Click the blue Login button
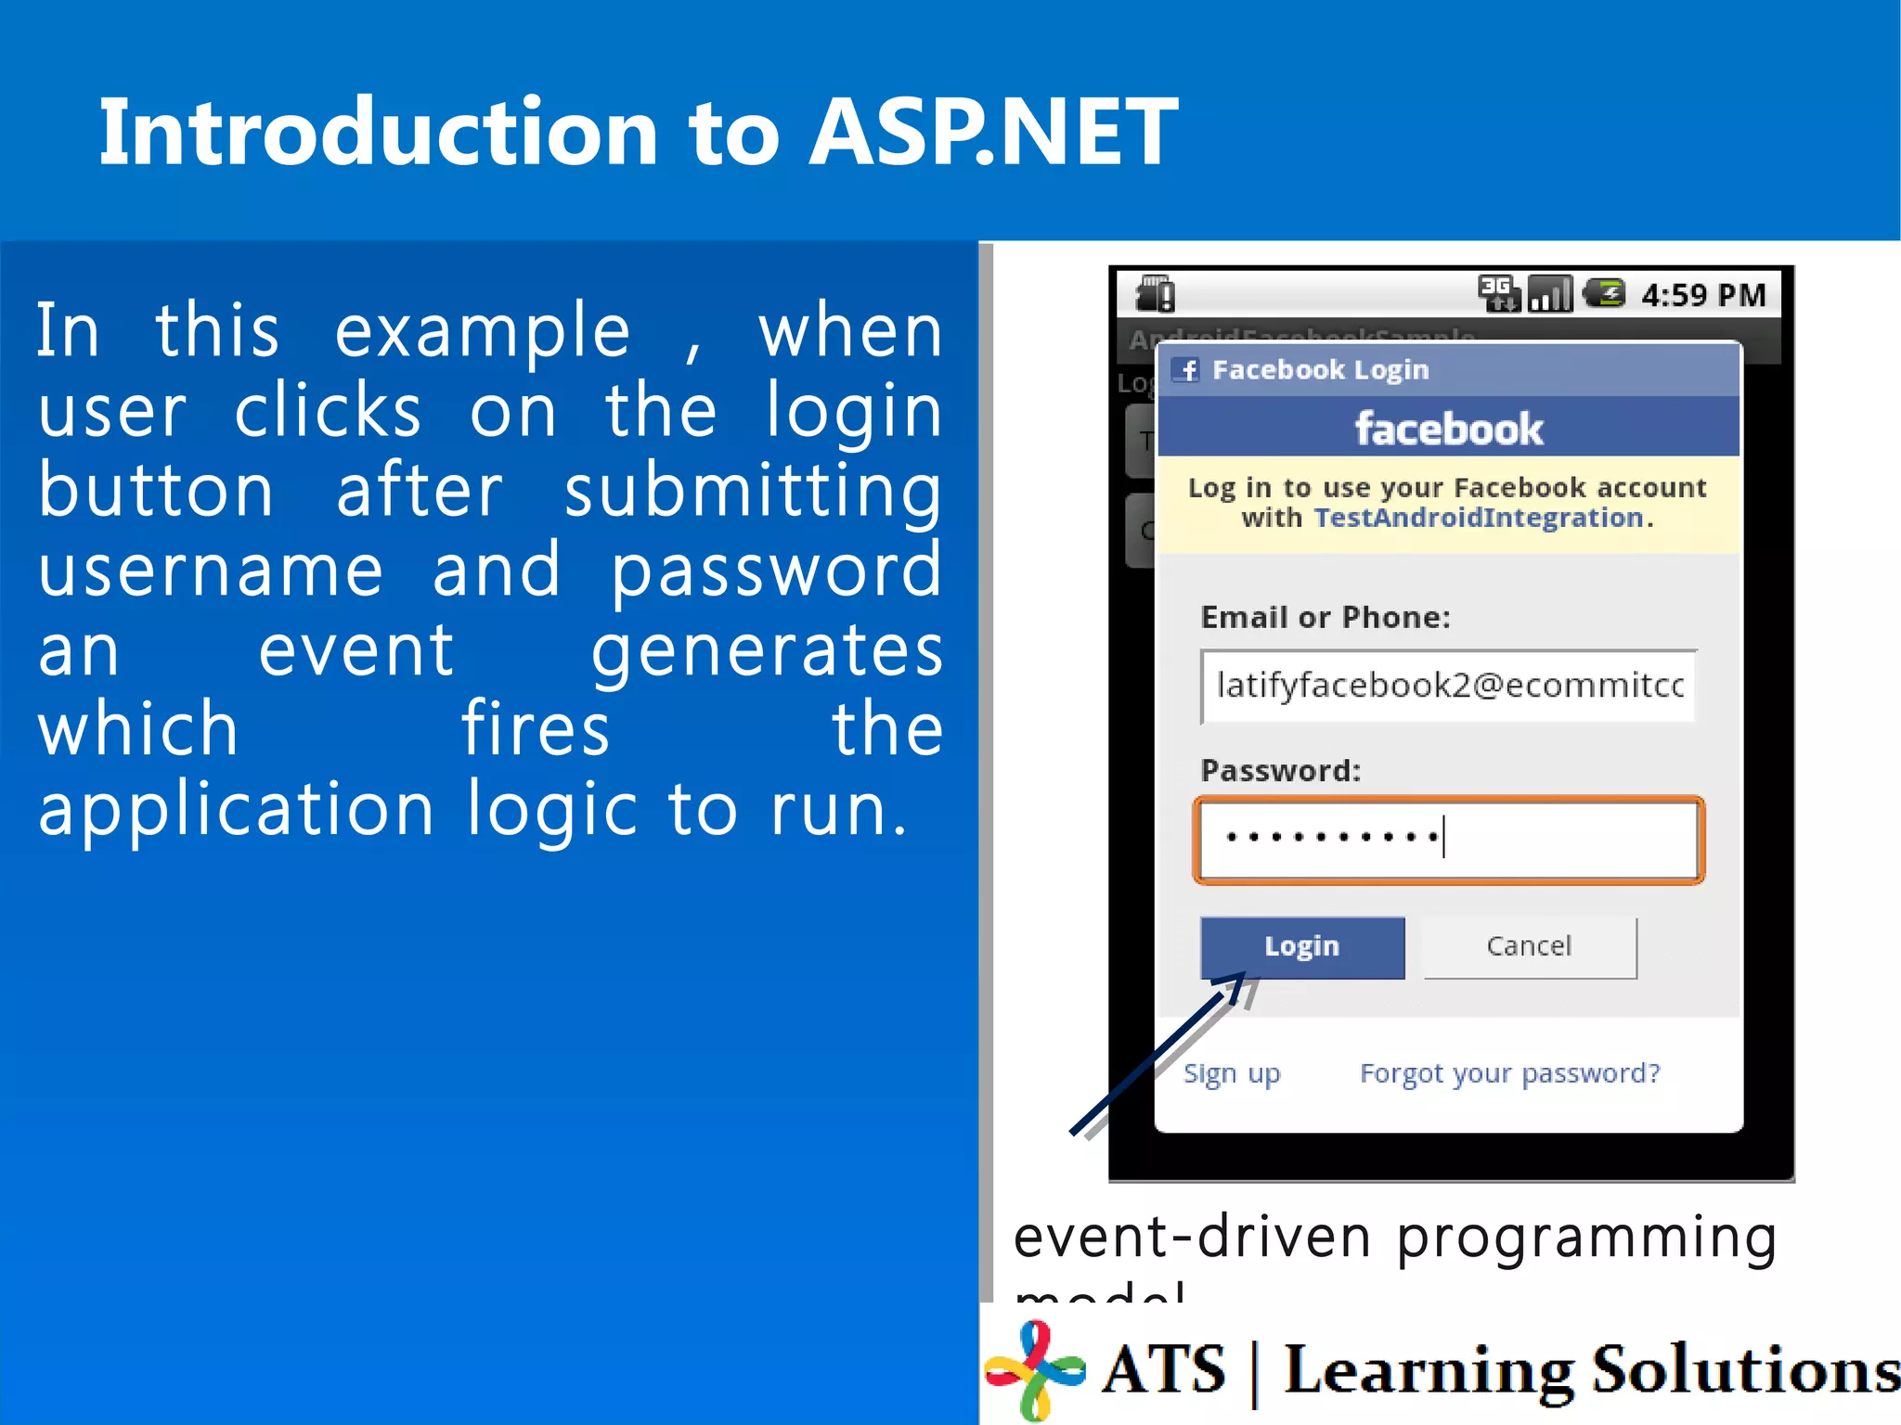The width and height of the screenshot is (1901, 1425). point(1301,946)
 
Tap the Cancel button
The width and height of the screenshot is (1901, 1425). point(1529,946)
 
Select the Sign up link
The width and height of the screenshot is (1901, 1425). point(1232,1073)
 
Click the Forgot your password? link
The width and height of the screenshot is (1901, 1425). point(1509,1073)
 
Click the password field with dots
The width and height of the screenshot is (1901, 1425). point(1448,840)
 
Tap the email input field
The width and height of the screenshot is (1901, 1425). point(1448,686)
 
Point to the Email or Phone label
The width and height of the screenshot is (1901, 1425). point(1325,618)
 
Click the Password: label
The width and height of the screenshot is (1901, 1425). point(1280,771)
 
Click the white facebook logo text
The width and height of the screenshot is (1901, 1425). point(1448,430)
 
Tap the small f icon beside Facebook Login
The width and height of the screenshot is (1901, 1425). point(1187,370)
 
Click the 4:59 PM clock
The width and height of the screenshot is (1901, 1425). point(1703,296)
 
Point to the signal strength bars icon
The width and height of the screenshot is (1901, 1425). point(1550,295)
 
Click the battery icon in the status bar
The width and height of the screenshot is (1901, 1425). point(1604,294)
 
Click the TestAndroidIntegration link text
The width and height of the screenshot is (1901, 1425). point(1479,518)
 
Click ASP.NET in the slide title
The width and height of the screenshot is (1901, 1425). point(993,133)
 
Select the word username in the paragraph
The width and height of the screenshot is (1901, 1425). point(211,570)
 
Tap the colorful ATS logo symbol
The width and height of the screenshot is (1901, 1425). point(1036,1369)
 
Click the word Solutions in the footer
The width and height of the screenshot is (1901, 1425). point(1745,1370)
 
